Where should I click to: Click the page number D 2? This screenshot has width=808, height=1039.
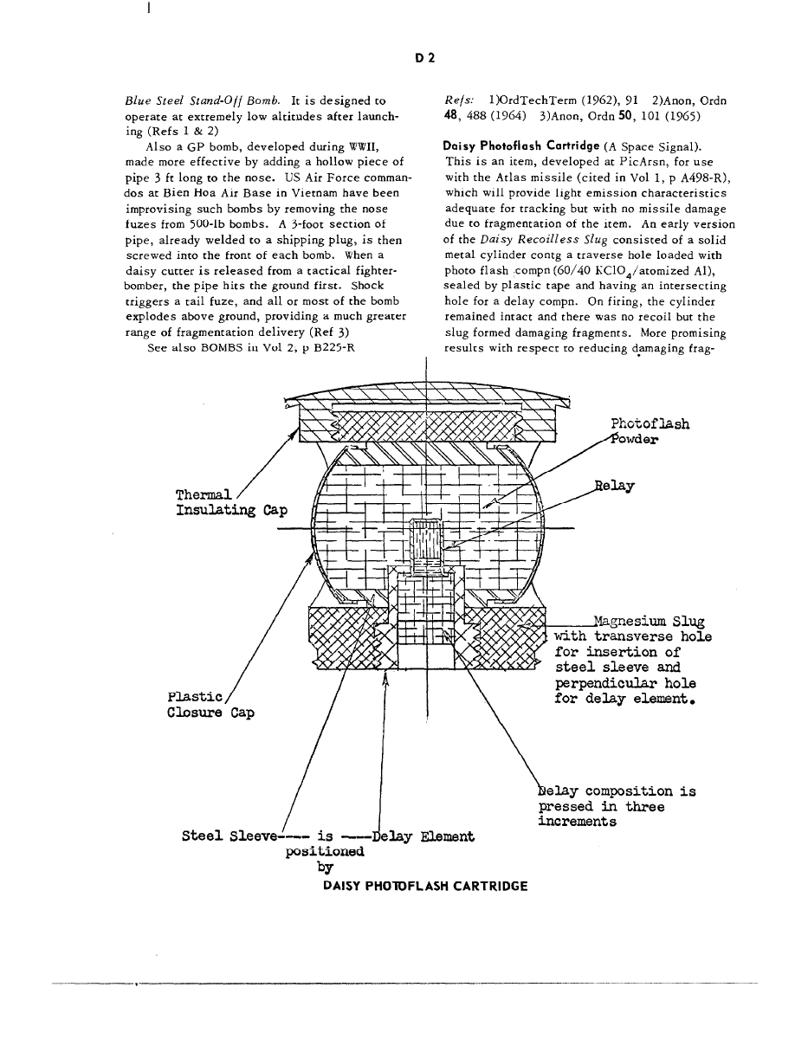click(x=424, y=58)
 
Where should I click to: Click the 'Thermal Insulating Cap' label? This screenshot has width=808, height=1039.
click(x=231, y=502)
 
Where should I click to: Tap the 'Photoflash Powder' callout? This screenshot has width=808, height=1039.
click(x=650, y=431)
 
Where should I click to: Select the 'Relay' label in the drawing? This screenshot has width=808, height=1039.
click(x=615, y=486)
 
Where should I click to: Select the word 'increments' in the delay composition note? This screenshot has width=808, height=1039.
click(x=578, y=822)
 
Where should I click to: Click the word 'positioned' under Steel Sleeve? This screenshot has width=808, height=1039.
click(x=325, y=851)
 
